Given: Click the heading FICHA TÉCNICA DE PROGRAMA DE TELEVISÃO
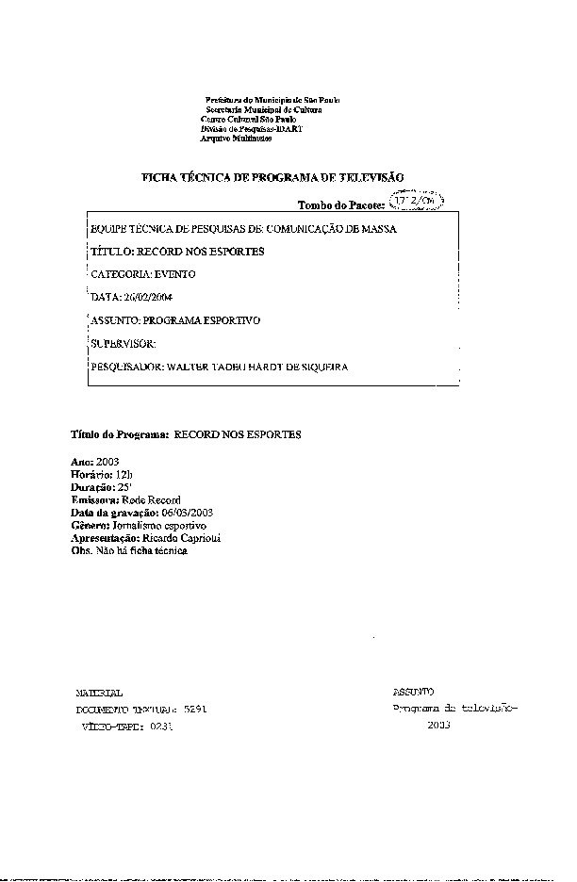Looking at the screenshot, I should click(272, 177).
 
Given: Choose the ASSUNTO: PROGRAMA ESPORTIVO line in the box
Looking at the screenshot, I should click(174, 320).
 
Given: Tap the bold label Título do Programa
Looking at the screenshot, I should click(120, 434).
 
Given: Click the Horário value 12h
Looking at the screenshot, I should click(125, 476).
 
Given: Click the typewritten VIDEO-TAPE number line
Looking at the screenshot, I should click(126, 727).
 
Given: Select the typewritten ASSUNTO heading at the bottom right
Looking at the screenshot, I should click(414, 692).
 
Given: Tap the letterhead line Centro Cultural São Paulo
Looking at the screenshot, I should click(244, 119).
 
